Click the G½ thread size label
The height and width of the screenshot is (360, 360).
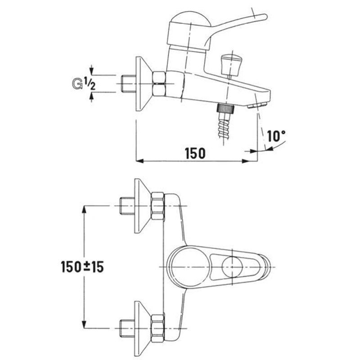[x=83, y=84]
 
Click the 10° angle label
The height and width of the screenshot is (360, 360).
[x=276, y=136]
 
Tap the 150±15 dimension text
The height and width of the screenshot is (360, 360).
[x=82, y=267]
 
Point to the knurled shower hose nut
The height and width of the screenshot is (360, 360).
[x=225, y=108]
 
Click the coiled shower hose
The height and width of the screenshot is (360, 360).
[x=224, y=126]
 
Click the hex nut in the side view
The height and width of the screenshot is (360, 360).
[x=159, y=84]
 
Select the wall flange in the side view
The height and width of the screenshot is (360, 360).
[x=144, y=84]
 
